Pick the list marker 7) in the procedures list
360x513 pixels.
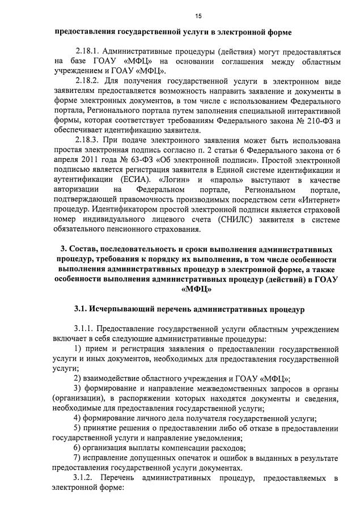(78, 459)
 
